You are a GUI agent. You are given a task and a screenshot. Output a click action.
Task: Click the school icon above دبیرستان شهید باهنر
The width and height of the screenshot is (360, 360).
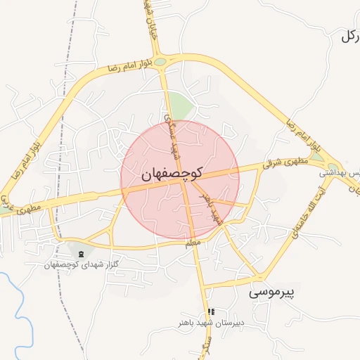[211, 311]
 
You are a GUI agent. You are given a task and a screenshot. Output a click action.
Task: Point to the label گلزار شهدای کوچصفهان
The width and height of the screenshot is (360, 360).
[79, 264]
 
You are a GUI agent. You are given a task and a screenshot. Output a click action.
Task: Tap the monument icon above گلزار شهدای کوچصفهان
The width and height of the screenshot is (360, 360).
[80, 253]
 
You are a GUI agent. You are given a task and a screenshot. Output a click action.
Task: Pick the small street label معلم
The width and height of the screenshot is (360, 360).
[193, 243]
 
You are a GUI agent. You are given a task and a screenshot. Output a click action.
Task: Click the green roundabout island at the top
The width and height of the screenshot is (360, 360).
[161, 62]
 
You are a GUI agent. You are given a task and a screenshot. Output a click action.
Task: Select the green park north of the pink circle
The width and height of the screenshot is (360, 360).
[181, 108]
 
